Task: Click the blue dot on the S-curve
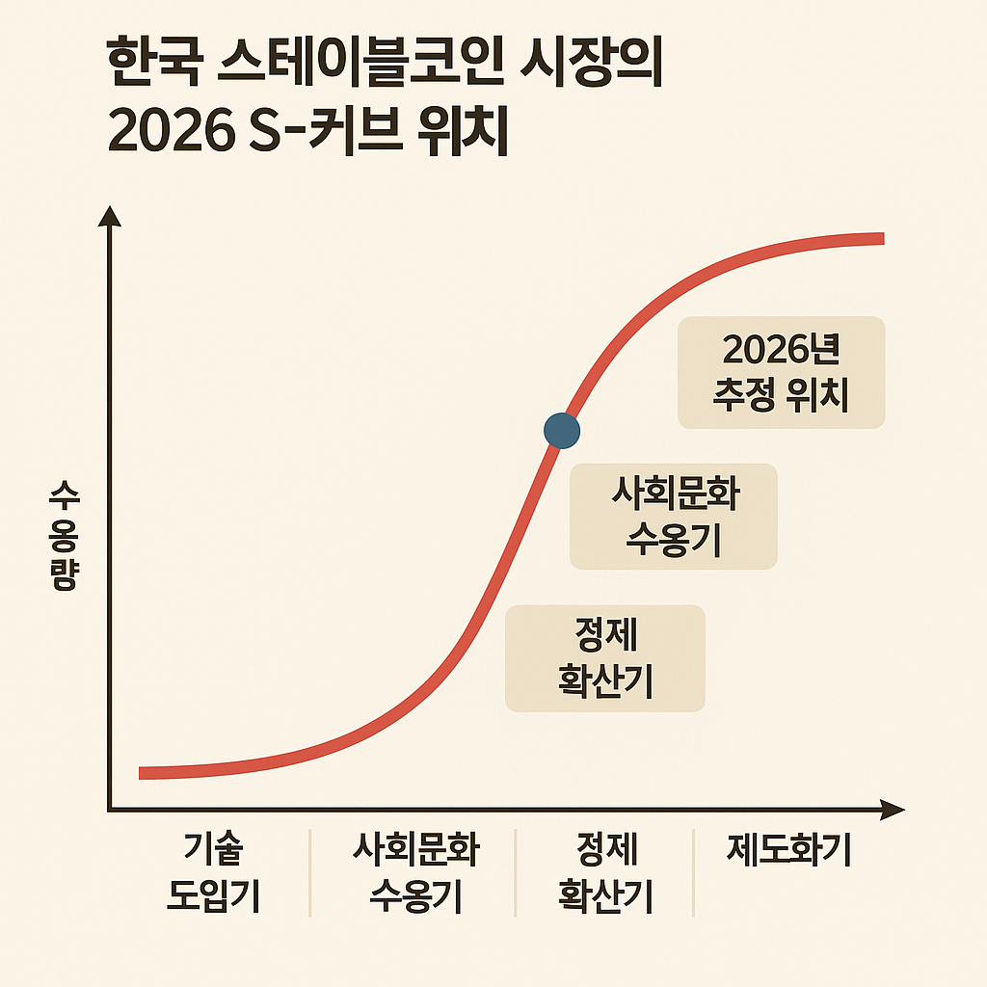(x=562, y=429)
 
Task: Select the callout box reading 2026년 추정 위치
(x=781, y=372)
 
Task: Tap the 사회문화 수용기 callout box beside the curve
(x=674, y=518)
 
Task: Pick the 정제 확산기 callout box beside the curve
(x=605, y=658)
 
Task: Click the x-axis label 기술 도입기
(x=213, y=872)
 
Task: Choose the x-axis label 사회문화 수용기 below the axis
(x=415, y=872)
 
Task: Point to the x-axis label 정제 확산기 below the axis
(x=605, y=872)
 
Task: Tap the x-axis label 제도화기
(x=789, y=851)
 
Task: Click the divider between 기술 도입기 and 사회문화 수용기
(x=309, y=872)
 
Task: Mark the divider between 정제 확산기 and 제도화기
(x=693, y=872)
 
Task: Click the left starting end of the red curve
(x=143, y=773)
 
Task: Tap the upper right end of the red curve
(x=880, y=238)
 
